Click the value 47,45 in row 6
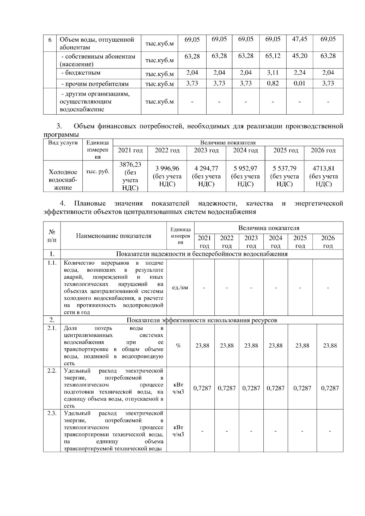pos(299,39)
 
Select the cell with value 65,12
pos(273,56)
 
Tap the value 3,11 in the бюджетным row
pos(273,73)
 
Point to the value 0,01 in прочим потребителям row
pos(299,83)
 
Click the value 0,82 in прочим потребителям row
pos(273,83)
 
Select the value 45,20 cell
pos(299,56)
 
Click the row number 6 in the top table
pos(50,40)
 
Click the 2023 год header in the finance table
pos(206,150)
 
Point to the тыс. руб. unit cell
pos(98,172)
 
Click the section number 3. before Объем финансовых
pos(59,126)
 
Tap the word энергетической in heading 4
pos(318,204)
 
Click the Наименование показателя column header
pos(113,236)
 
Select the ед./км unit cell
pos(180,287)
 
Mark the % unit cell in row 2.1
pos(178,346)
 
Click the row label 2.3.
pos(52,413)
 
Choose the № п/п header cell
pos(52,236)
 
